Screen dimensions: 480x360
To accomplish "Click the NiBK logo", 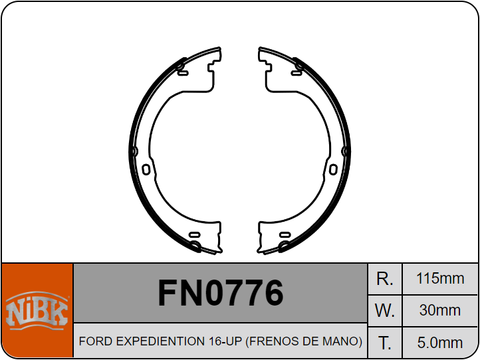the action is pyautogui.click(x=37, y=310).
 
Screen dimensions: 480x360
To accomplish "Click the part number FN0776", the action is pyautogui.click(x=221, y=293).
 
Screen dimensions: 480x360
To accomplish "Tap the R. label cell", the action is pyautogui.click(x=385, y=279).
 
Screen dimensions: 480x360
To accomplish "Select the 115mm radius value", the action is pyautogui.click(x=440, y=278).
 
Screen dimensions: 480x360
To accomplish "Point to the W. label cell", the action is pyautogui.click(x=385, y=310).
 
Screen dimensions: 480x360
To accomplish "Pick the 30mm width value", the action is pyautogui.click(x=440, y=310).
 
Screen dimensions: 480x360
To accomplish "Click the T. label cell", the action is pyautogui.click(x=385, y=343).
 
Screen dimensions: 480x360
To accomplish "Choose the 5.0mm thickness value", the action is pyautogui.click(x=440, y=343).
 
